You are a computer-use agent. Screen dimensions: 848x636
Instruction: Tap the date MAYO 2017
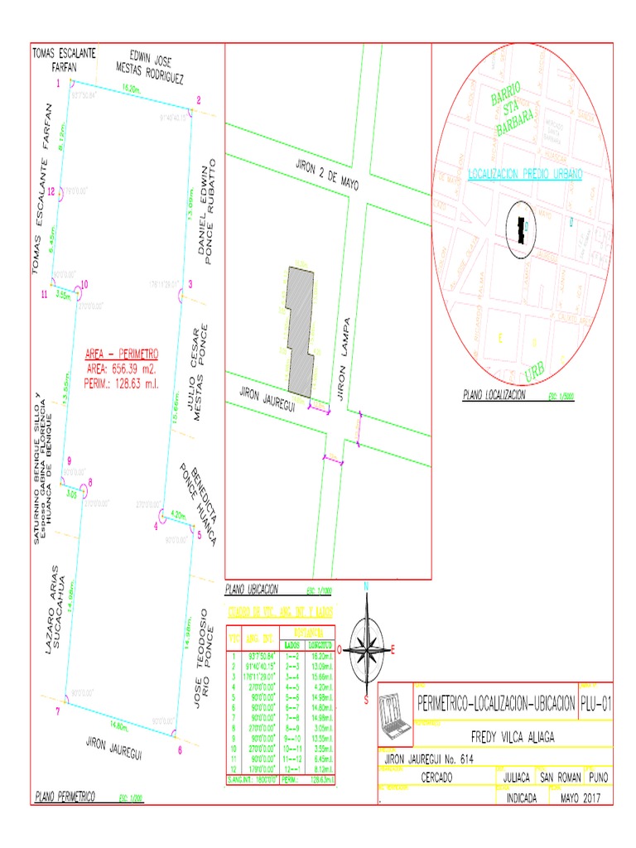(581, 798)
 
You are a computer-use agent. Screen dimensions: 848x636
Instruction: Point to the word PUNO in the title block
(598, 778)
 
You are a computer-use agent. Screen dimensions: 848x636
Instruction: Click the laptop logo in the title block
(394, 711)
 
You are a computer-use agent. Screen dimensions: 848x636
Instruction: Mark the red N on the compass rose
(366, 586)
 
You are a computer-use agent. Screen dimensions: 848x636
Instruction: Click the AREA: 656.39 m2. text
(120, 369)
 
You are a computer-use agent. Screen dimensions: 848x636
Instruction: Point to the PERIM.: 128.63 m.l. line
(120, 383)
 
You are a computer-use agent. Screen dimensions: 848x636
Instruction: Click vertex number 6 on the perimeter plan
(180, 750)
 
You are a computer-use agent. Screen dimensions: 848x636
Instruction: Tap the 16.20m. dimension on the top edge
(131, 87)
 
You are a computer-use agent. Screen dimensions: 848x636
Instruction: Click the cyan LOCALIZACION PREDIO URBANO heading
(525, 174)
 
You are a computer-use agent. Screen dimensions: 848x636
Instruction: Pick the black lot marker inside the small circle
(521, 228)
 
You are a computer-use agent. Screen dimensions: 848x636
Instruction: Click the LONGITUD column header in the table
(319, 644)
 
